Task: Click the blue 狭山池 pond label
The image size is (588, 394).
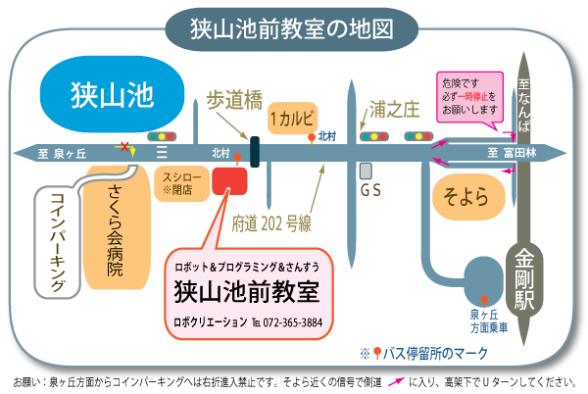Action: [114, 95]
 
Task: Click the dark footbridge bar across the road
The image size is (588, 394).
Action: [255, 152]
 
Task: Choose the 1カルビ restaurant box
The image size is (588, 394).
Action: [292, 117]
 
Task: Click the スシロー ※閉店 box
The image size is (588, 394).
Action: [180, 182]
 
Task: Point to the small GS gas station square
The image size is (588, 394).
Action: [366, 170]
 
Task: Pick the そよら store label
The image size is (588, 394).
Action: [468, 196]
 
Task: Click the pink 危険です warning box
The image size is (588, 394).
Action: [470, 95]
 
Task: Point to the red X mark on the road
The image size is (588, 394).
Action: [123, 148]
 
